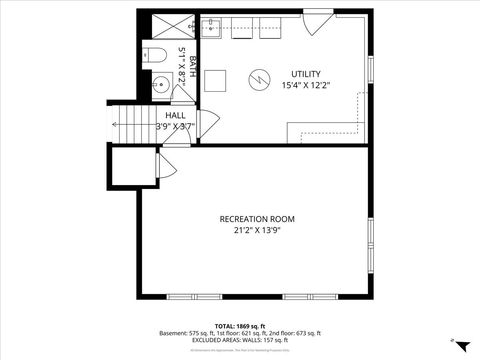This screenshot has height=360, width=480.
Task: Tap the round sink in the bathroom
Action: [160, 84]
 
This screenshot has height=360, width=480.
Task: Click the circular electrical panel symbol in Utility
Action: [257, 77]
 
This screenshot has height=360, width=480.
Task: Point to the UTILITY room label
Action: [307, 74]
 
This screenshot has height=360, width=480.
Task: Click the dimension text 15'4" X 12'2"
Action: [307, 86]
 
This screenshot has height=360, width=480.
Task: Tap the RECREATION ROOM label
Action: [257, 219]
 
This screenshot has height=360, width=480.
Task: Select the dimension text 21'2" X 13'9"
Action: [257, 231]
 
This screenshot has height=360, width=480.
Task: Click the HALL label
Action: [175, 116]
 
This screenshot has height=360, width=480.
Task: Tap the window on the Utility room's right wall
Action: [371, 69]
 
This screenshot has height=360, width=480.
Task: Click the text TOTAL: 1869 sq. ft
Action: [240, 325]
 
